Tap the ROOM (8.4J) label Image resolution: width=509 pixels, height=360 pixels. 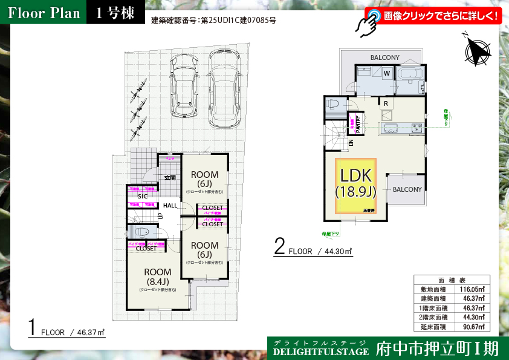157,277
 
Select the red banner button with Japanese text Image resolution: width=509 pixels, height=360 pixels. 433,16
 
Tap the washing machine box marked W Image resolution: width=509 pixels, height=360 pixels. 387,73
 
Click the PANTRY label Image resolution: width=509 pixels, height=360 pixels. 358,124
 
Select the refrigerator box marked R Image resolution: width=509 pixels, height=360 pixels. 385,103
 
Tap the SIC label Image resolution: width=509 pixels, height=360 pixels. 143,197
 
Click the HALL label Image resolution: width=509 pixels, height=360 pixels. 170,206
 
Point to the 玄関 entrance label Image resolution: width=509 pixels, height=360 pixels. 170,178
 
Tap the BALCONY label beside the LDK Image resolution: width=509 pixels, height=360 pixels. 407,189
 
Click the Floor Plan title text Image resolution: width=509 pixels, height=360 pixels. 45,13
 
